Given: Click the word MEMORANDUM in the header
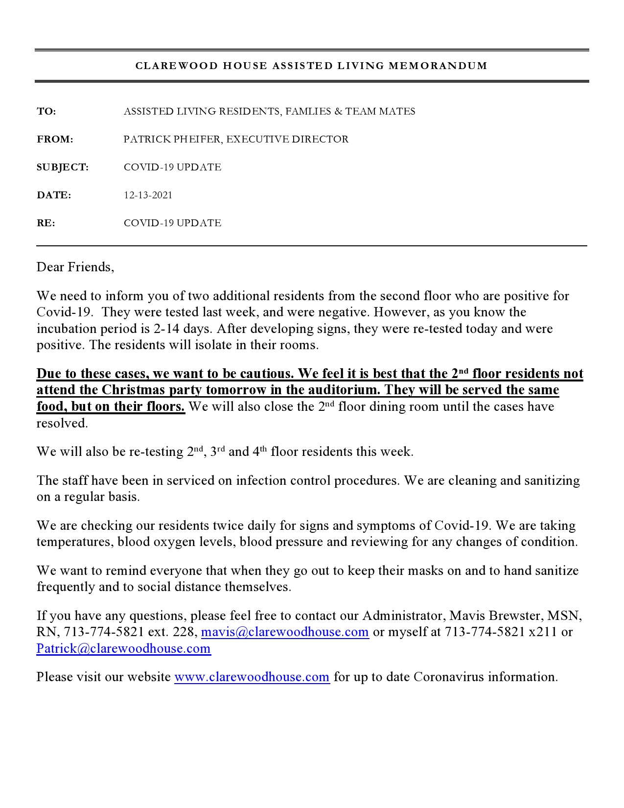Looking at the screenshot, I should tap(438, 66).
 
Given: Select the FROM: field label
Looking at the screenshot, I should tap(55, 140).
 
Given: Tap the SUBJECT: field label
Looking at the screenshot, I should tap(63, 167).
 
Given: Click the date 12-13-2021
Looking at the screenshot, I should tap(148, 195).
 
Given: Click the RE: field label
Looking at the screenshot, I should tap(46, 223).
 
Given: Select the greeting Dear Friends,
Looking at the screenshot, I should tap(75, 267).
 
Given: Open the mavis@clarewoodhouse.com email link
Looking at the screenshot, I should tap(285, 632).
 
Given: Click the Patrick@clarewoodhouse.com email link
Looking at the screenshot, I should tap(123, 649).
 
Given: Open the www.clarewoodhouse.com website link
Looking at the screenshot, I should tap(252, 677).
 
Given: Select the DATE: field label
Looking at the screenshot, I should tap(54, 195).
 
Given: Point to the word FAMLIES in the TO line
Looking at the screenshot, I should tap(308, 112).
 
